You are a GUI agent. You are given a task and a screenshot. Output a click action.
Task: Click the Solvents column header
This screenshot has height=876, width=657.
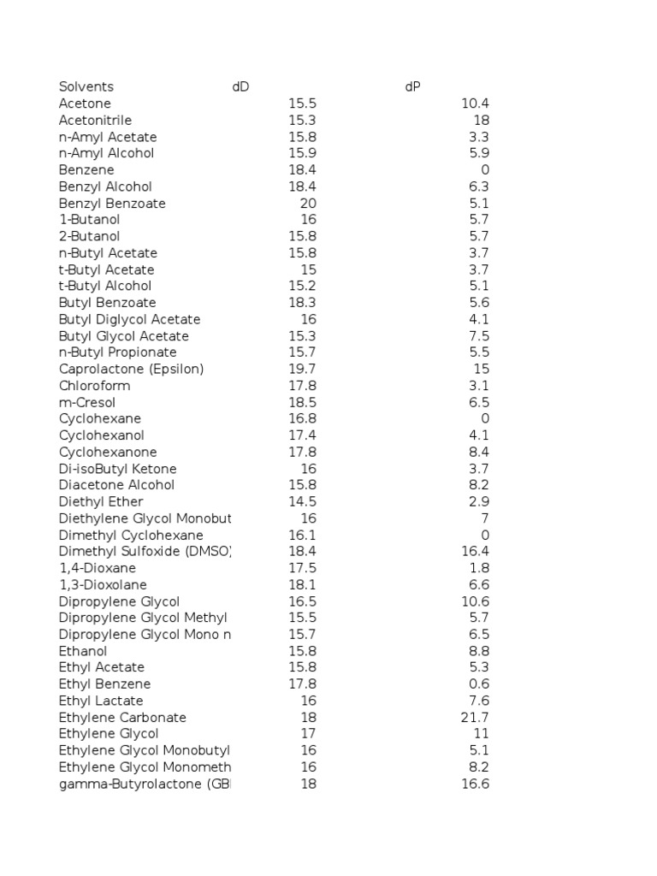pyautogui.click(x=86, y=86)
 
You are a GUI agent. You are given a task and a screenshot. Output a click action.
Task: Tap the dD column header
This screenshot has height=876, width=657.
pyautogui.click(x=240, y=86)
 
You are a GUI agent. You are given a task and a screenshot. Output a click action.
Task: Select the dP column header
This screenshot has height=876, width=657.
pyautogui.click(x=412, y=86)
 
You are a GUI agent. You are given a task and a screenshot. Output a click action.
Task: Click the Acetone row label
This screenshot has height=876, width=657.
pyautogui.click(x=85, y=104)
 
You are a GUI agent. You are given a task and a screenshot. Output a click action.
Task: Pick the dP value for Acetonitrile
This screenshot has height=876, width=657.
pyautogui.click(x=481, y=120)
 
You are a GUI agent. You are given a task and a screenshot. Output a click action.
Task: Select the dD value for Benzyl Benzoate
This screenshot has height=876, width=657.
pyautogui.click(x=308, y=203)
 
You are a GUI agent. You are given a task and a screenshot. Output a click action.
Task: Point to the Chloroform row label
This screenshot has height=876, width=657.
pyautogui.click(x=94, y=386)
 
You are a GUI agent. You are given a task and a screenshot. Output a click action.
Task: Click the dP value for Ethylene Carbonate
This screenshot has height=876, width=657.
pyautogui.click(x=475, y=717)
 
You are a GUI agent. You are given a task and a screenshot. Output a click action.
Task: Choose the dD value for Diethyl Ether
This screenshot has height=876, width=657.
pyautogui.click(x=302, y=501)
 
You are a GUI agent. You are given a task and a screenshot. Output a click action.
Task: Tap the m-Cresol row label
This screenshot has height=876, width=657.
pyautogui.click(x=87, y=402)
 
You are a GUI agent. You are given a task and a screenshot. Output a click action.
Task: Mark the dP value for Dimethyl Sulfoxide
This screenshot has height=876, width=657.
pyautogui.click(x=475, y=551)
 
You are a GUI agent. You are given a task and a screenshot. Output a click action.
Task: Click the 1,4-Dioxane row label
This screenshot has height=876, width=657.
pyautogui.click(x=98, y=568)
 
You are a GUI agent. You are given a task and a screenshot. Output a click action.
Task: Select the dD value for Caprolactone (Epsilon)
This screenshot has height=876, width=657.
pyautogui.click(x=302, y=369)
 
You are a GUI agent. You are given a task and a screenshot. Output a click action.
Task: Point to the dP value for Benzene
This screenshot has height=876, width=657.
pyautogui.click(x=485, y=169)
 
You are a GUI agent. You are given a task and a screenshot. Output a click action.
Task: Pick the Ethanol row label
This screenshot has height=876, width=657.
pyautogui.click(x=83, y=651)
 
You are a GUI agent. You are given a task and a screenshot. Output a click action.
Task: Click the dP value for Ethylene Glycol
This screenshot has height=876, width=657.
pyautogui.click(x=481, y=733)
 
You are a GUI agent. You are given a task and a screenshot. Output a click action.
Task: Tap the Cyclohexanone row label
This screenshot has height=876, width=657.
pyautogui.click(x=108, y=452)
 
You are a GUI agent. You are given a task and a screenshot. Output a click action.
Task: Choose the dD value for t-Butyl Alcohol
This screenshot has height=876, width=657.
pyautogui.click(x=302, y=286)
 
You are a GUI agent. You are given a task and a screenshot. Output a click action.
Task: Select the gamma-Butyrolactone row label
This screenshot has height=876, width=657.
pyautogui.click(x=145, y=784)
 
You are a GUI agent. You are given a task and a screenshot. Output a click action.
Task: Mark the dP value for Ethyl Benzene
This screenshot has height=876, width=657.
pyautogui.click(x=479, y=684)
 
